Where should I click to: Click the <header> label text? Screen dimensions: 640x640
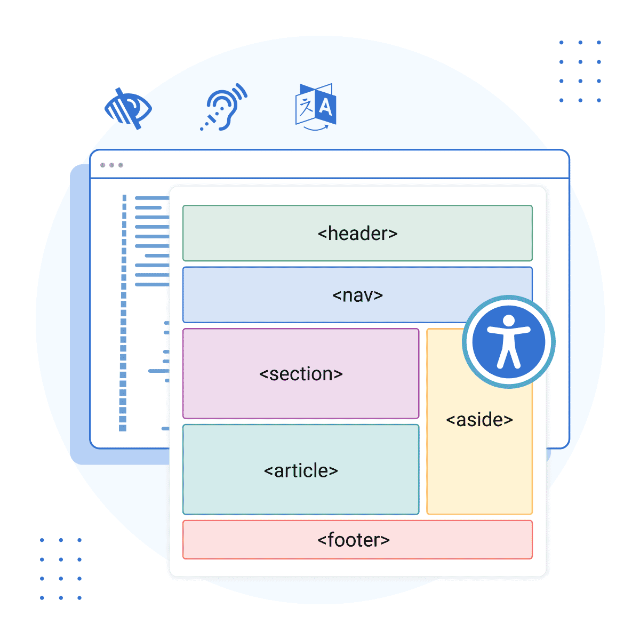(x=357, y=234)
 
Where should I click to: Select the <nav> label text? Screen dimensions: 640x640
(x=357, y=295)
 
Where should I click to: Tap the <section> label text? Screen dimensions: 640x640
(x=301, y=374)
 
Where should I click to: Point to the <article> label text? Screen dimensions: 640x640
(x=301, y=470)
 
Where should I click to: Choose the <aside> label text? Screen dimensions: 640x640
(x=479, y=420)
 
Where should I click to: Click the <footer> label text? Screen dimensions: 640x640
(x=354, y=540)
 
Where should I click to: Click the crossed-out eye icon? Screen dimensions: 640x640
(x=128, y=109)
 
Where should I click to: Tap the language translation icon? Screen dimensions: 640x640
(x=316, y=107)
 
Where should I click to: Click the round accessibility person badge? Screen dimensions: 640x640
(x=509, y=342)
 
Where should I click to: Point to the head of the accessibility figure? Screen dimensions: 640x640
(x=509, y=321)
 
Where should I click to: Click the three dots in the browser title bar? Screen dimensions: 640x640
(x=111, y=165)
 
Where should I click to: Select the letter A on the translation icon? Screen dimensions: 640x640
(x=325, y=108)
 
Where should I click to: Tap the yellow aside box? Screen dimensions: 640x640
(x=479, y=469)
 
